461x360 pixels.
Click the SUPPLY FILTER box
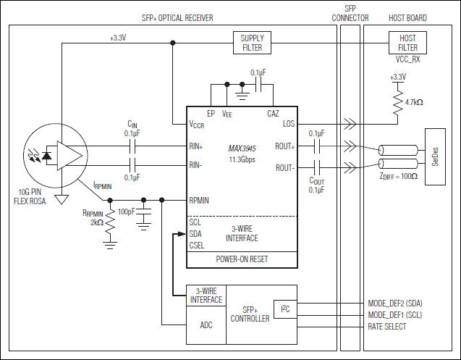(x=252, y=43)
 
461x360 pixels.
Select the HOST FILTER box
(x=408, y=43)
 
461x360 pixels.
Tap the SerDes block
(x=435, y=157)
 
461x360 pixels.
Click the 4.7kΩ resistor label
(x=413, y=102)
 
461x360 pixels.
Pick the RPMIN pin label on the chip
(x=200, y=200)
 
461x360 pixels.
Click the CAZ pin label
(x=273, y=114)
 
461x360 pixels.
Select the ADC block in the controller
(x=206, y=325)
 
